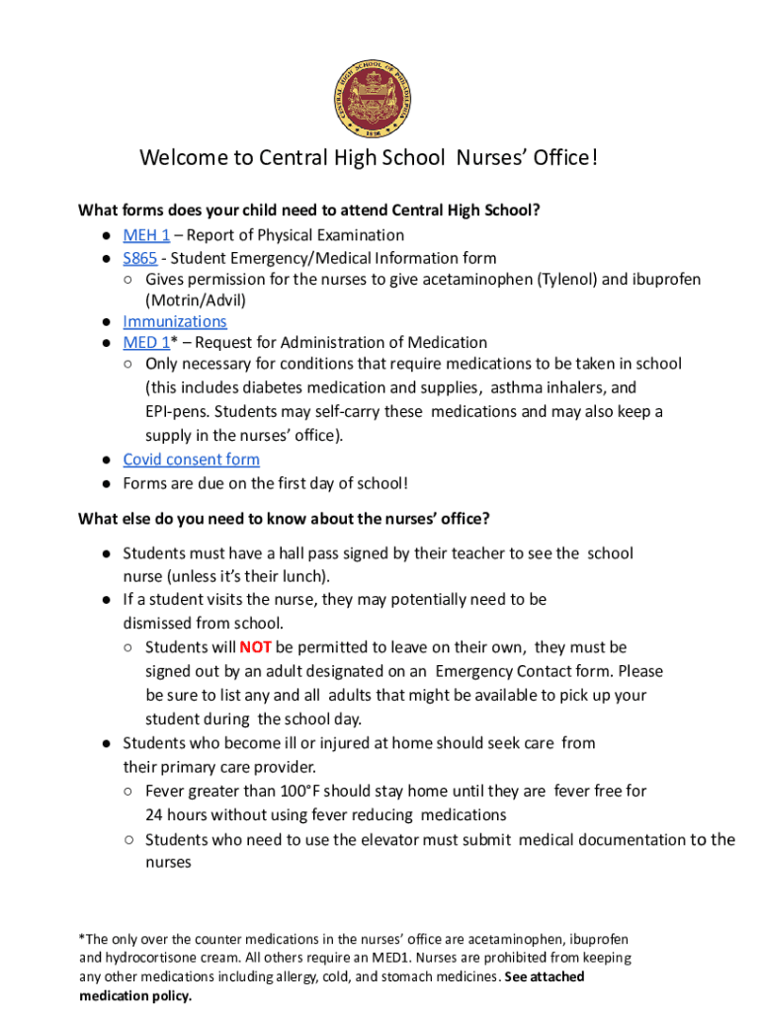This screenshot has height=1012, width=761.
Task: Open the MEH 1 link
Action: point(146,235)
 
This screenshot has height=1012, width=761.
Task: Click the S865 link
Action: point(139,258)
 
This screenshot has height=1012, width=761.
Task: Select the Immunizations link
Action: point(174,321)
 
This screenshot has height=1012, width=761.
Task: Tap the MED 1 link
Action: point(146,343)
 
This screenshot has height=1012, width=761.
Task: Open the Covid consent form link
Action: point(191,460)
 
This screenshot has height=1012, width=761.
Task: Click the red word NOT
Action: point(255,647)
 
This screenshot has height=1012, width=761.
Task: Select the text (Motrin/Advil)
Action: point(196,300)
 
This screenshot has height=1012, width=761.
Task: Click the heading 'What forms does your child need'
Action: point(309,211)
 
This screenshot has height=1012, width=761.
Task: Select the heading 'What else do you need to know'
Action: point(284,519)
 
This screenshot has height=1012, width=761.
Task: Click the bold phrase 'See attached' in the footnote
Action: point(545,976)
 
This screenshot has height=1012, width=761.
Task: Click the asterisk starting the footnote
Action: point(82,938)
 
